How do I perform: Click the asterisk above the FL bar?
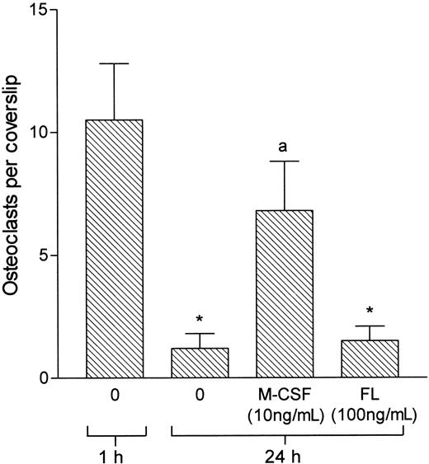[x=369, y=312]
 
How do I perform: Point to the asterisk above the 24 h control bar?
[x=199, y=320]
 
